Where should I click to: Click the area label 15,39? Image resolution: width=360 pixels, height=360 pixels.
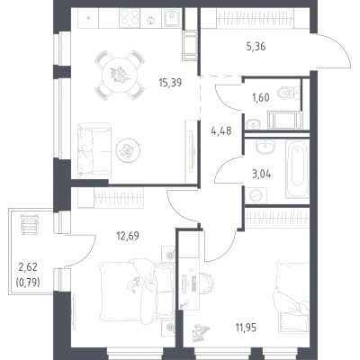coord(170,82)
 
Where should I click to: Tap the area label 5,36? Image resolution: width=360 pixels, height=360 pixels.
coord(256,47)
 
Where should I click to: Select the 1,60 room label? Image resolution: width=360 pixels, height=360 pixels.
coord(260,97)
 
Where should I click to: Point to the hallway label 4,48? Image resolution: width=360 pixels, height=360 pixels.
coord(221,130)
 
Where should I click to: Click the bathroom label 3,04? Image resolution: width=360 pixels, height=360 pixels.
coord(262,174)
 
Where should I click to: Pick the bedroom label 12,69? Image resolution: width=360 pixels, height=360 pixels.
coord(128,236)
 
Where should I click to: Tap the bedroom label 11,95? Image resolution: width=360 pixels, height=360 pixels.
coord(246,328)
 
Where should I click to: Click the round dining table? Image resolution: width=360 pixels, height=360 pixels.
coord(120,75)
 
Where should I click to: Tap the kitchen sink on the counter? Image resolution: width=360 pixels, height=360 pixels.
coord(171,18)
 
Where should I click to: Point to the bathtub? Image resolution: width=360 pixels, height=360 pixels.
coord(297,168)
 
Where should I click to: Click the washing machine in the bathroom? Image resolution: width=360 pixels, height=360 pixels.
coord(256,195)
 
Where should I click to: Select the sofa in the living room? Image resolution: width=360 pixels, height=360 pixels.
coord(94,150)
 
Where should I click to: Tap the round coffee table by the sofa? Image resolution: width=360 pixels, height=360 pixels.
coord(129,150)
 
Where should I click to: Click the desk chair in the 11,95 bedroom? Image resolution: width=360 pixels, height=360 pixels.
coord(207,283)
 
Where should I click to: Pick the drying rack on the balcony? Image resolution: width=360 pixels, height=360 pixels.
coord(29,224)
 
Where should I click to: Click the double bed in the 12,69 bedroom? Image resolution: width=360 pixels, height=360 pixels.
coord(137,292)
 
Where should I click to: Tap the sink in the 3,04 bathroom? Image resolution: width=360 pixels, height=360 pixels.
coord(264,147)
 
